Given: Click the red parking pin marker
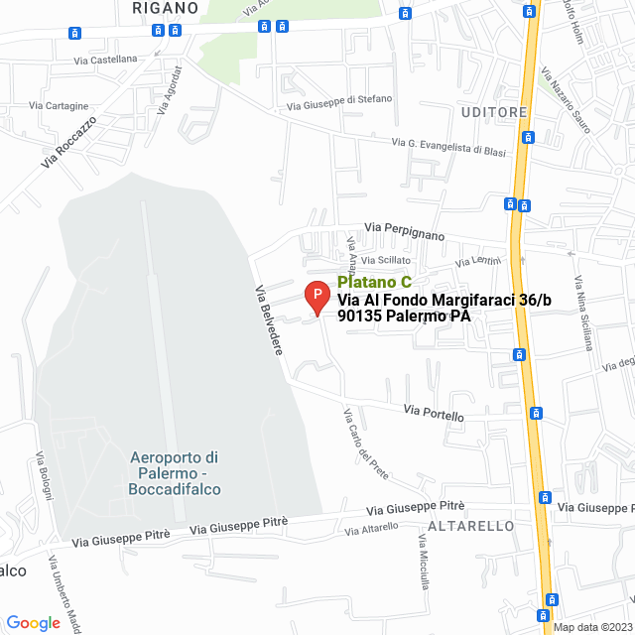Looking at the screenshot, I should pyautogui.click(x=316, y=297).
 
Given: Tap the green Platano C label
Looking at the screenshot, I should pyautogui.click(x=374, y=282).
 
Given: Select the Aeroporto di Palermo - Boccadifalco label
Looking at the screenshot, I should pyautogui.click(x=175, y=473).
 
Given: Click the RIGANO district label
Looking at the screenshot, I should pyautogui.click(x=165, y=7).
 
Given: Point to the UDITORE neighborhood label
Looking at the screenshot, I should pyautogui.click(x=492, y=112).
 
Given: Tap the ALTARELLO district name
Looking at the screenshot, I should pyautogui.click(x=469, y=524).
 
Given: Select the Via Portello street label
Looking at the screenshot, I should pyautogui.click(x=434, y=413).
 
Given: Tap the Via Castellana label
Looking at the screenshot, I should pyautogui.click(x=105, y=60).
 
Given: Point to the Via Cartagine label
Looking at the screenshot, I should pyautogui.click(x=60, y=105).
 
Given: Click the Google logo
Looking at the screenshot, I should pyautogui.click(x=33, y=622).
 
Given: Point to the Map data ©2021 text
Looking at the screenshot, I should pyautogui.click(x=590, y=627).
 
